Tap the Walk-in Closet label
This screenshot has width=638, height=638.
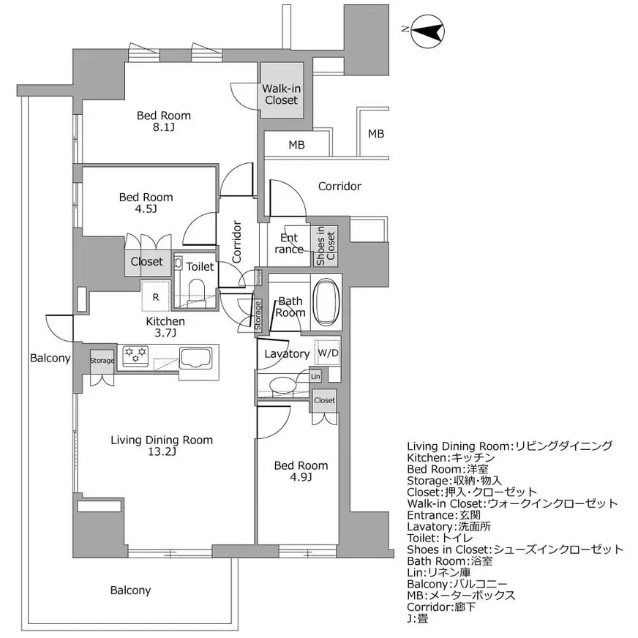point(281,94)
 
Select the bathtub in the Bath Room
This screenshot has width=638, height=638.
point(326,301)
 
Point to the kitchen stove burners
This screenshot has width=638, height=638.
point(135,355)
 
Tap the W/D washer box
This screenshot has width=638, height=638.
point(328,353)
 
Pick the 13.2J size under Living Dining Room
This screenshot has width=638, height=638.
point(162,451)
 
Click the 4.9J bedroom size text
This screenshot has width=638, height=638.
point(301,477)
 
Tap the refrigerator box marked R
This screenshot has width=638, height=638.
point(156,296)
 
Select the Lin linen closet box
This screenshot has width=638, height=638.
point(315,376)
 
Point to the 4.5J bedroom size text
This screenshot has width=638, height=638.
point(146,209)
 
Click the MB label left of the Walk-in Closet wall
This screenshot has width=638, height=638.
point(296,145)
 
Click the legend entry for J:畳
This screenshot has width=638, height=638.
point(418,619)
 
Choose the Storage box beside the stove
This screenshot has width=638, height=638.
point(102,360)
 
